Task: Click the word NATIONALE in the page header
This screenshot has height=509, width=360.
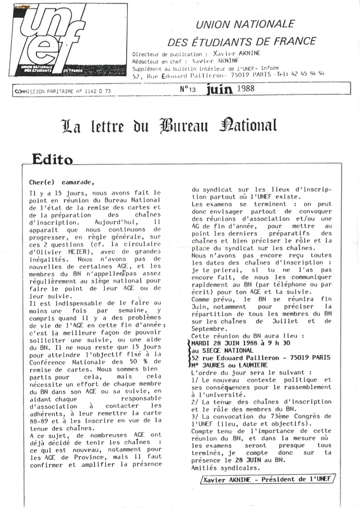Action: [x=270, y=24]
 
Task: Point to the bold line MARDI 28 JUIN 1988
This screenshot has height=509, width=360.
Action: [x=231, y=343]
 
